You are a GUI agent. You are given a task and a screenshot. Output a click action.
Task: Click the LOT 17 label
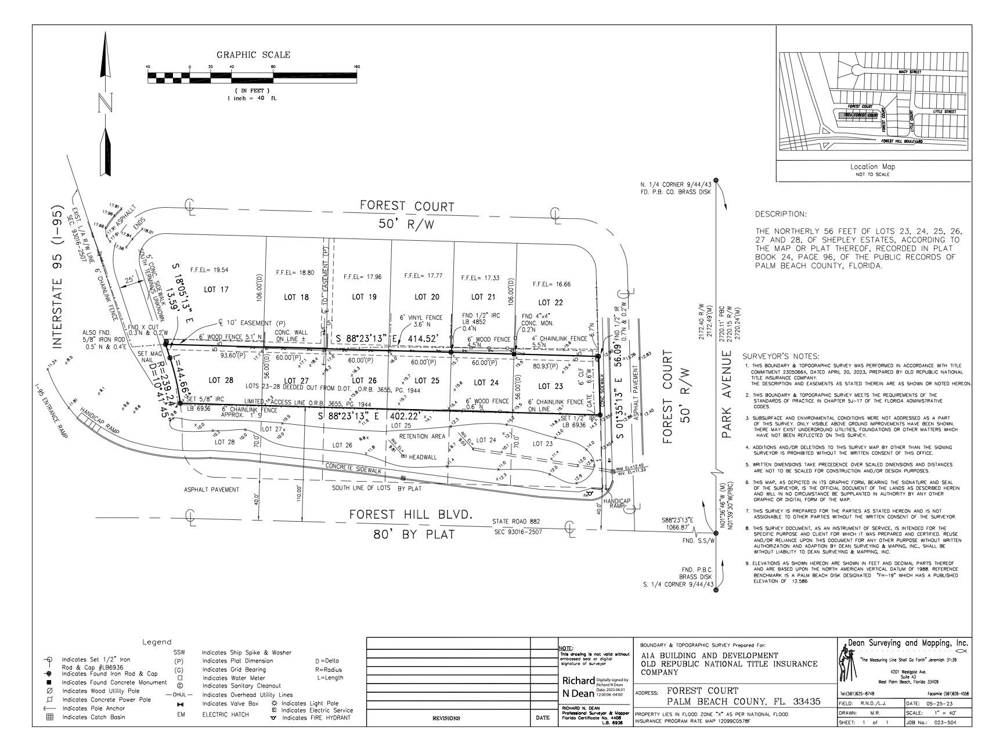point(217,290)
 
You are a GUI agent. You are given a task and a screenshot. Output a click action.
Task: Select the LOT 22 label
point(544,302)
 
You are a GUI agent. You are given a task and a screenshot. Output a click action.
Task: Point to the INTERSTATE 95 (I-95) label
point(57,276)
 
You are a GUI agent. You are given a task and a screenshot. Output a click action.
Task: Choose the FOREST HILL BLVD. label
point(412,515)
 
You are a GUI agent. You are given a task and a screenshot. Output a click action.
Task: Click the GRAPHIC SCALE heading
point(253,55)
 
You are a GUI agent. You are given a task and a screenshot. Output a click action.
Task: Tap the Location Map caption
point(872,167)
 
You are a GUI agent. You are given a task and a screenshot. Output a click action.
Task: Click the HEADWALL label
point(423,457)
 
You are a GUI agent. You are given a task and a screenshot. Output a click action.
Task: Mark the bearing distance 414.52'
point(428,338)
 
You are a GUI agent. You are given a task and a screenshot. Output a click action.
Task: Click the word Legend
point(157,642)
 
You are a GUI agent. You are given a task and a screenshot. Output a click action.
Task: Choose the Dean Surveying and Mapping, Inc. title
point(908,643)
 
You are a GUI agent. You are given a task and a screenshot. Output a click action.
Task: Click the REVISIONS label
point(446,718)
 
